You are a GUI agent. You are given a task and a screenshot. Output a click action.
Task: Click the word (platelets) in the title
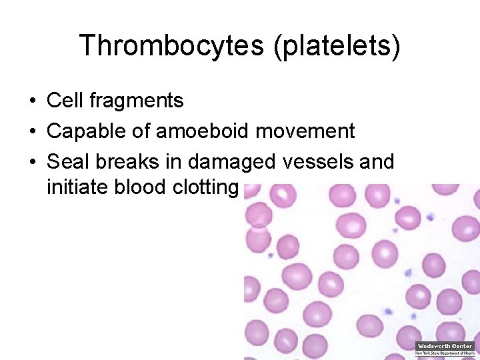click(x=336, y=46)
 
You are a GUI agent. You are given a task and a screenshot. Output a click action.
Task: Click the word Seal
click(x=65, y=162)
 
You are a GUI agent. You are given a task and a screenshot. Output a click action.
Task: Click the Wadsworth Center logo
click(x=445, y=349)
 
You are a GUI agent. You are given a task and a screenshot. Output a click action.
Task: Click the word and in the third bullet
click(x=377, y=162)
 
